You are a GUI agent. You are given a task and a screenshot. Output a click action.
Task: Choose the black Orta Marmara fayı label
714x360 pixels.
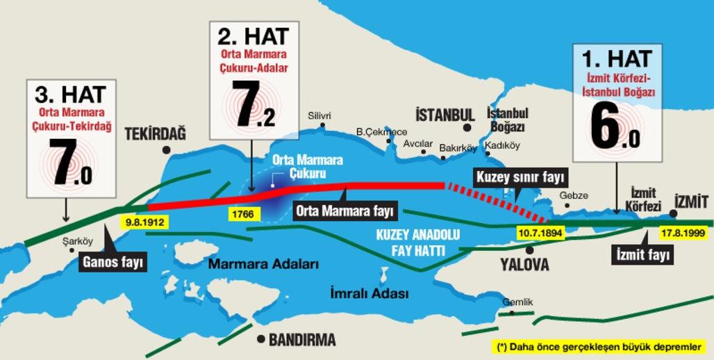tap(344, 208)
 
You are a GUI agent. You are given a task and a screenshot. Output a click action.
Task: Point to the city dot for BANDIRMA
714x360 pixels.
tap(260, 339)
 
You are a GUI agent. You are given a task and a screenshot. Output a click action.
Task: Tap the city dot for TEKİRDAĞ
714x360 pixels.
tap(165, 150)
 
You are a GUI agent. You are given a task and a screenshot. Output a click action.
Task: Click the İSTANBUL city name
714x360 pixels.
tap(445, 115)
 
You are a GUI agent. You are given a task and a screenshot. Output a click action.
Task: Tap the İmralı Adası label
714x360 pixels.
tap(369, 294)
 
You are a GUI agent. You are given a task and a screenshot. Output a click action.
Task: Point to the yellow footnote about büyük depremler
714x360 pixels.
tap(599, 346)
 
